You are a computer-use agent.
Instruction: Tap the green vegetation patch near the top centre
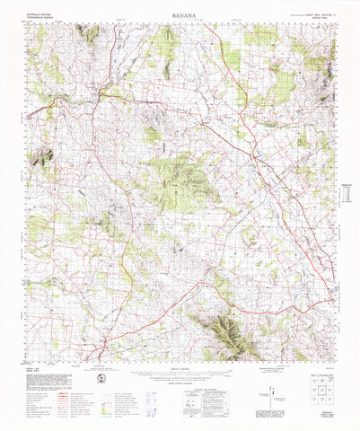coord(164,40)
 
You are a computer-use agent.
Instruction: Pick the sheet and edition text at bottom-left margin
coord(31,373)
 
